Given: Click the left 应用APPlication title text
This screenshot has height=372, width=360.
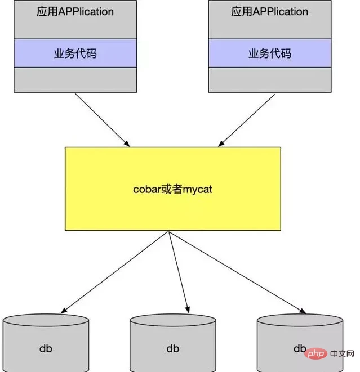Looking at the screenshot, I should click(x=75, y=12).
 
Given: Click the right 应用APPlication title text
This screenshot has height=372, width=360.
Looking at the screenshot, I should click(x=270, y=12).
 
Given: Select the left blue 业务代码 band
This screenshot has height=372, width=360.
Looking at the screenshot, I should click(x=75, y=53).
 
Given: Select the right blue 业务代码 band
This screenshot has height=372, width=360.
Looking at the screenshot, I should click(x=270, y=53).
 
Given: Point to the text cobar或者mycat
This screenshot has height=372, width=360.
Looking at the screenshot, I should click(x=172, y=189).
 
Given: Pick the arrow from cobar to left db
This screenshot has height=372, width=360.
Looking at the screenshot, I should click(x=115, y=271).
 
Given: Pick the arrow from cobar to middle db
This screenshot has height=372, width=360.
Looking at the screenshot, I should click(x=177, y=271).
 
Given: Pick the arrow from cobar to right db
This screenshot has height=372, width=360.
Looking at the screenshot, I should click(x=237, y=271).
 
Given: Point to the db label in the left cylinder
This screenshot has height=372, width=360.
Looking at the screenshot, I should click(x=46, y=348).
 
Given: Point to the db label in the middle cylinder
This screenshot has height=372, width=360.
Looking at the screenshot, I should click(x=172, y=348).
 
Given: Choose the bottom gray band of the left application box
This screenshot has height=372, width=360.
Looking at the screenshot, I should click(x=75, y=79).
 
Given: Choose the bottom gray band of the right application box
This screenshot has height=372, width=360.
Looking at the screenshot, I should click(x=270, y=79).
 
